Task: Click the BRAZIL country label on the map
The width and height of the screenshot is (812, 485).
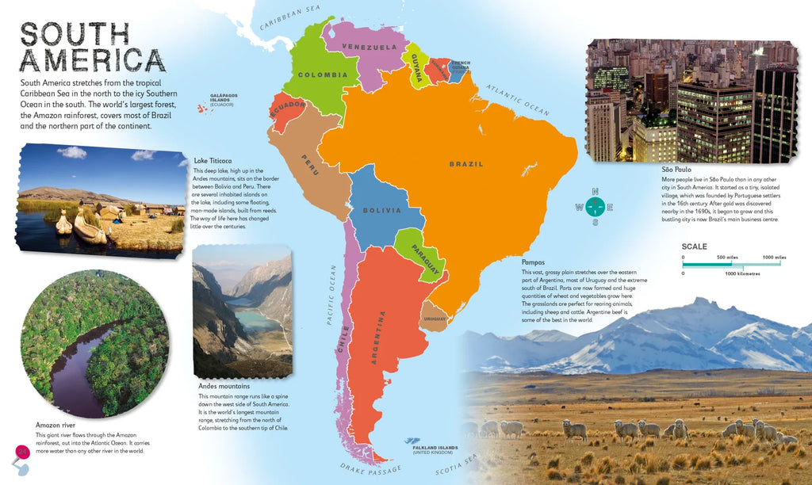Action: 466,164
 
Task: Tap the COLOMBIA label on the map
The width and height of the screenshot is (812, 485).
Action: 323,74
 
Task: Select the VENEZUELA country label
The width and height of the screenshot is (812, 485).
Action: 370,47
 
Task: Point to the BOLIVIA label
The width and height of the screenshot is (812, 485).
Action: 383,211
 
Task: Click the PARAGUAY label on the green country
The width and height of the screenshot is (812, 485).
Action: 425,258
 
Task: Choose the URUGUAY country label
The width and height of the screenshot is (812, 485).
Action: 435,319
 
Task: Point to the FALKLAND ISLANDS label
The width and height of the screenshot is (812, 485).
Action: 436,449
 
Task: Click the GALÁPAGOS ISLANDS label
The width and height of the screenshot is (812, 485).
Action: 224,99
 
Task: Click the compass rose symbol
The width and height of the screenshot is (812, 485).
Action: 596,208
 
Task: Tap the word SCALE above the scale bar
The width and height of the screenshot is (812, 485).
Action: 694,246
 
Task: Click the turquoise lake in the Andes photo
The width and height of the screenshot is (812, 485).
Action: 254,319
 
